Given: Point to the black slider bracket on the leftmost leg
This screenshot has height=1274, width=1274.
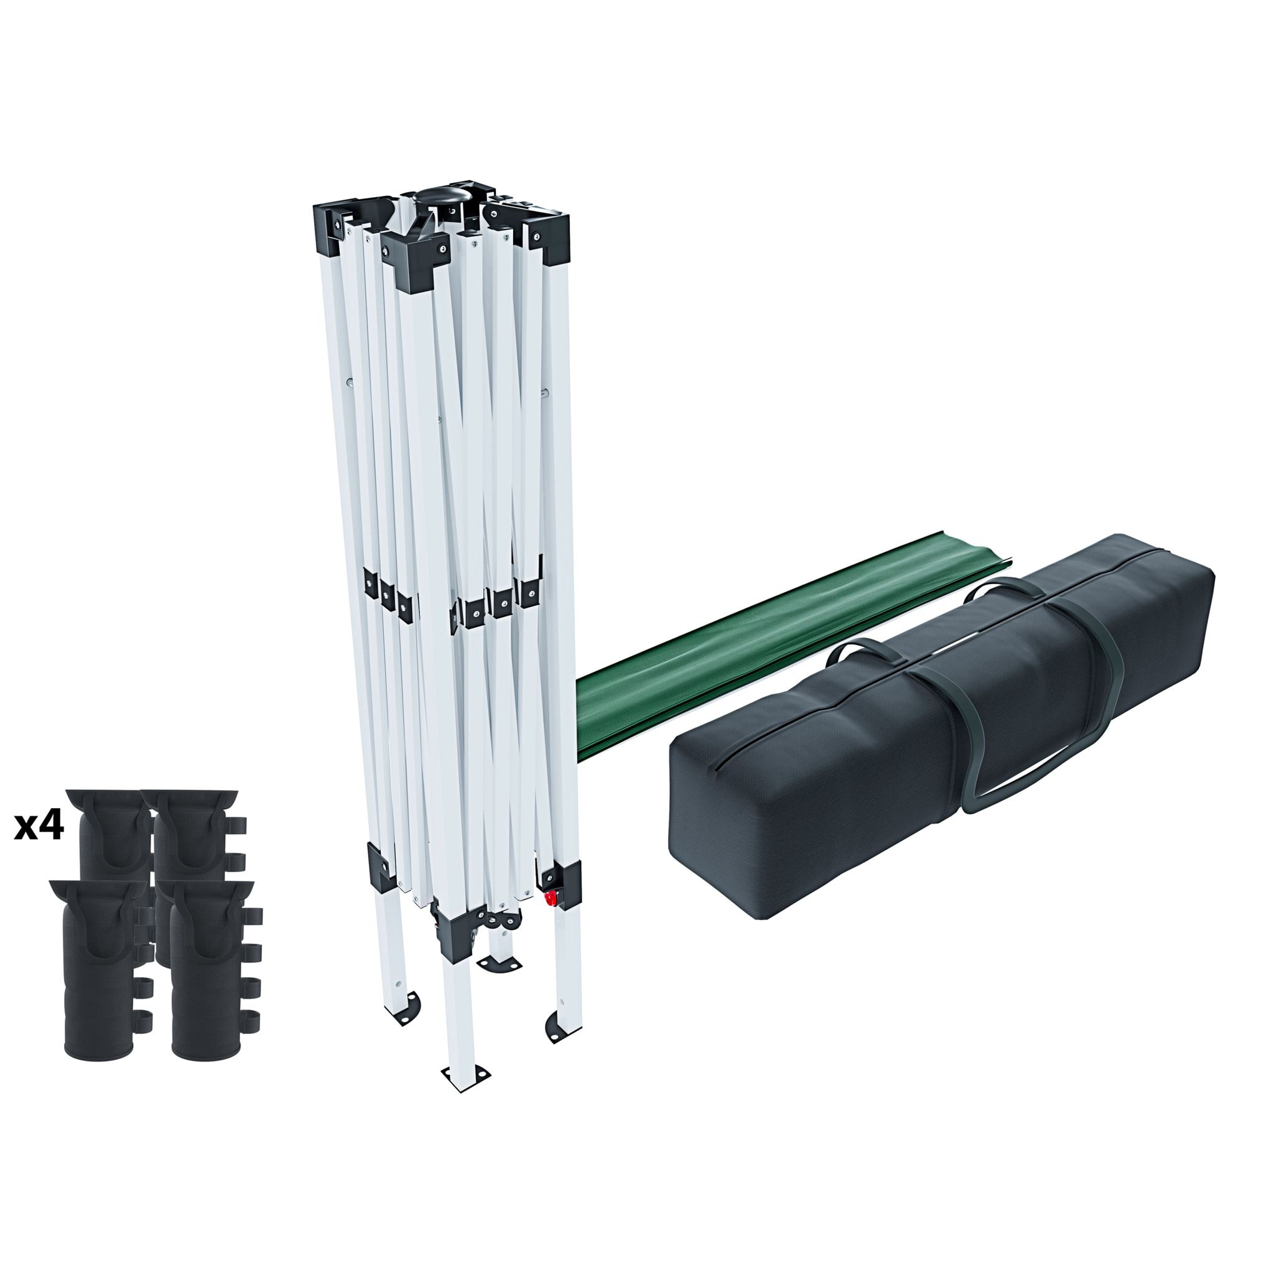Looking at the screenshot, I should click(382, 865).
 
